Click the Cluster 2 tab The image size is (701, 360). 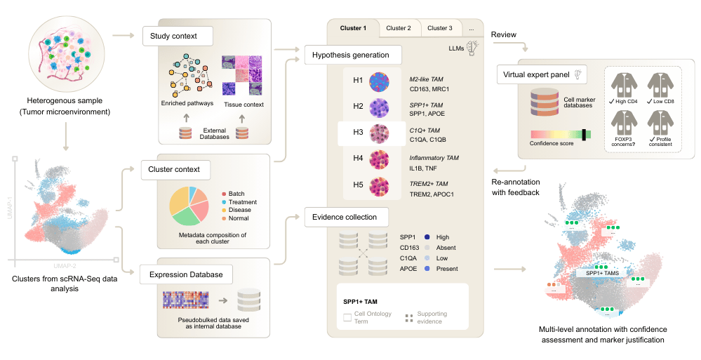click(x=399, y=28)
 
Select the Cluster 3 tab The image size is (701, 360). click(x=440, y=28)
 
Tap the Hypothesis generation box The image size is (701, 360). click(x=352, y=54)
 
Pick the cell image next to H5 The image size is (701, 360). click(x=380, y=187)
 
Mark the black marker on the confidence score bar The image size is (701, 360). click(x=583, y=133)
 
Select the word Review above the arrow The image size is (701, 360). click(x=503, y=34)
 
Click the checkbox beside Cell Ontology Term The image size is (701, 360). click(x=347, y=318)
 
